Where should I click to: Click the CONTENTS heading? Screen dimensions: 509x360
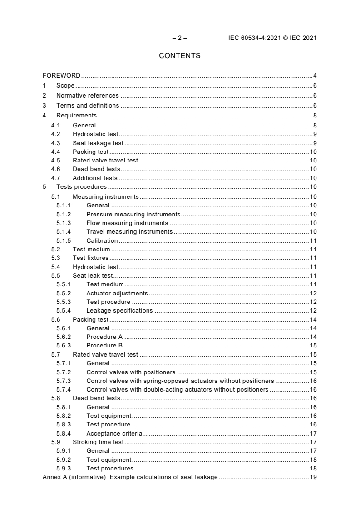tap(179, 56)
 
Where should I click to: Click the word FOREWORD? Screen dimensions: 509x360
tap(61, 75)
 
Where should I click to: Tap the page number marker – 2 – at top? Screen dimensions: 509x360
tap(179, 38)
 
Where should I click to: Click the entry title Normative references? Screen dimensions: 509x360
tap(87, 96)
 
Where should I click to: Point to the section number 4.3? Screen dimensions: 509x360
tap(55, 143)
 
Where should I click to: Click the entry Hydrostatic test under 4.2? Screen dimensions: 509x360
tap(95, 134)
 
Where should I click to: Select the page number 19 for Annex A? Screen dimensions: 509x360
tap(313, 477)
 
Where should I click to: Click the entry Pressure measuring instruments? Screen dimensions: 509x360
tap(133, 214)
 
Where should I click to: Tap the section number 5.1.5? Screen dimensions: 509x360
tap(64, 240)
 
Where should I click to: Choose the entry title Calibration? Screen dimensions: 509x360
tap(102, 240)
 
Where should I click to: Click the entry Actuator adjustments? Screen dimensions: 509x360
tap(117, 293)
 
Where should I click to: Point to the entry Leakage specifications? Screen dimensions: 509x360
tap(119, 311)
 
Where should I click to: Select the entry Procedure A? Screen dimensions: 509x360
tap(104, 337)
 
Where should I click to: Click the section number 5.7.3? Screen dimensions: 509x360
tap(64, 381)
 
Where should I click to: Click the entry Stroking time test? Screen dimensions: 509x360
tap(98, 442)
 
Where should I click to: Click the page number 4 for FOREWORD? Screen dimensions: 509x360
tap(315, 75)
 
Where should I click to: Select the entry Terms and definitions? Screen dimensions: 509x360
tap(88, 106)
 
